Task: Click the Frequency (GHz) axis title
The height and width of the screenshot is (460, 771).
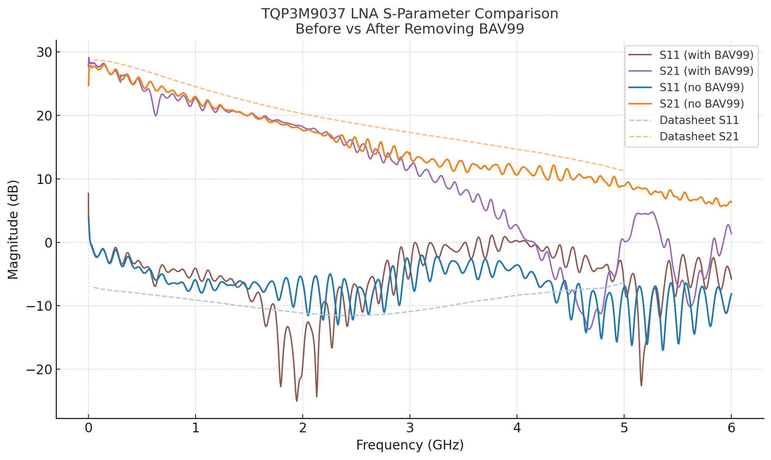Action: (x=410, y=445)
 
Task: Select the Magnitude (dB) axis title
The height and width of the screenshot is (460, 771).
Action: (x=13, y=229)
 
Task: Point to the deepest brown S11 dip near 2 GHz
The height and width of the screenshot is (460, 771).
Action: (x=297, y=401)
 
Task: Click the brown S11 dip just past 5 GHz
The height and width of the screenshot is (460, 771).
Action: (x=641, y=386)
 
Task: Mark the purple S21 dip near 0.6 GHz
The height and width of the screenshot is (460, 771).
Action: (x=156, y=115)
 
